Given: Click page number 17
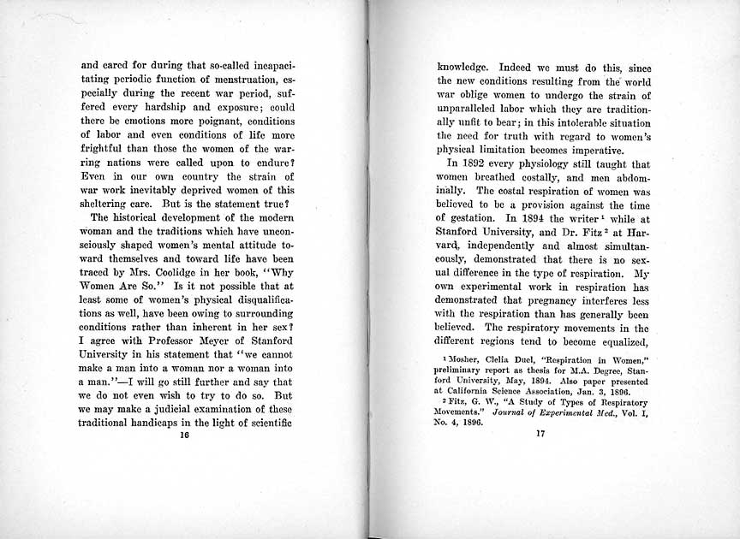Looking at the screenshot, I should point(540,434).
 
